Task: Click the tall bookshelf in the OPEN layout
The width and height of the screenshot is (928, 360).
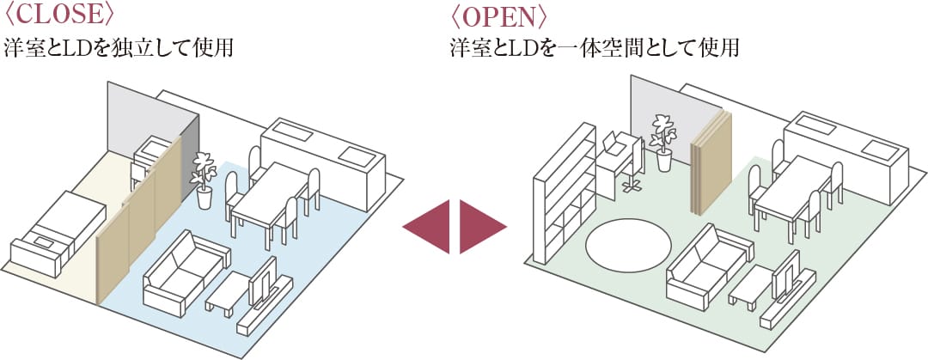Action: click(x=563, y=193)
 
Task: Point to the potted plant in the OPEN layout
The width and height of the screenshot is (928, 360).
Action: click(x=663, y=142)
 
